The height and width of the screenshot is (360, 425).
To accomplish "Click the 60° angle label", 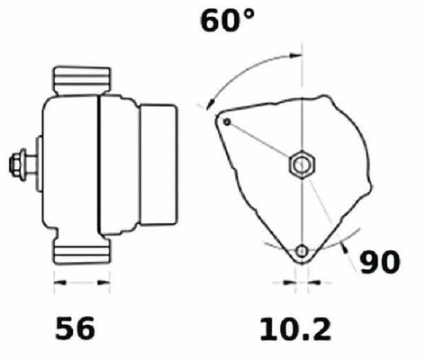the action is [227, 21].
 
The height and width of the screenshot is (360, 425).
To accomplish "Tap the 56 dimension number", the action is [75, 328].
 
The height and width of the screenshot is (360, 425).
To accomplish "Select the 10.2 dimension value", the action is [295, 329].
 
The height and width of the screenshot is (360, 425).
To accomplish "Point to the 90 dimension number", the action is [380, 262].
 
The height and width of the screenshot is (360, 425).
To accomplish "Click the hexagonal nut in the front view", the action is [302, 164].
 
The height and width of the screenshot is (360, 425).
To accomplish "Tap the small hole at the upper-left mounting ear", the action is [227, 121].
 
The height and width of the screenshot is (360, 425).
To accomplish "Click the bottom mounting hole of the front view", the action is [302, 251].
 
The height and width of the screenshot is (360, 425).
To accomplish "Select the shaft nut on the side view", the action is [17, 165].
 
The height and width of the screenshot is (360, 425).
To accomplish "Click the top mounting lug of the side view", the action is [82, 80].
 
